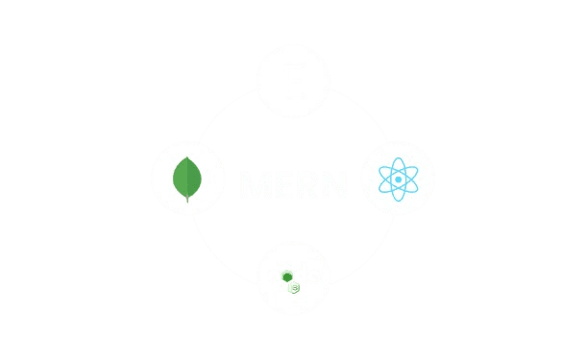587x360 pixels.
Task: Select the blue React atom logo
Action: (x=398, y=179)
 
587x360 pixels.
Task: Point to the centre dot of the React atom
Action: (x=398, y=179)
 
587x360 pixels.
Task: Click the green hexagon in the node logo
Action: (x=284, y=276)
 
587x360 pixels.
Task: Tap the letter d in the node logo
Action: (x=298, y=275)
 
